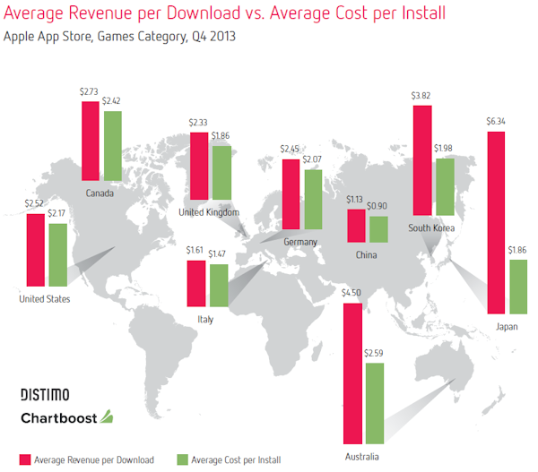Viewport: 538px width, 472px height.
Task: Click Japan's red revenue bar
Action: (496, 221)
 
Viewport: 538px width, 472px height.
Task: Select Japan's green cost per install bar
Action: (517, 286)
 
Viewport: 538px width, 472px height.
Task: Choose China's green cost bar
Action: (378, 229)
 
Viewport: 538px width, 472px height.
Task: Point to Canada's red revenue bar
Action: (91, 142)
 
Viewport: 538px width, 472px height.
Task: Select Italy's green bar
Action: (218, 284)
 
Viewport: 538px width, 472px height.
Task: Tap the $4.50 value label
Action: (351, 294)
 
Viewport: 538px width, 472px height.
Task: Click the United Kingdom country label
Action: (210, 212)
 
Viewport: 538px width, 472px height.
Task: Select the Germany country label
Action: (299, 243)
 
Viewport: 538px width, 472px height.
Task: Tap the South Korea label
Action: (431, 228)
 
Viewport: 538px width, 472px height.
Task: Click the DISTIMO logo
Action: (45, 394)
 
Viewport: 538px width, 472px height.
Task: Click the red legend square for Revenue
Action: (24, 460)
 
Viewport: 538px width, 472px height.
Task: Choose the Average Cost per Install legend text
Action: (235, 460)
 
